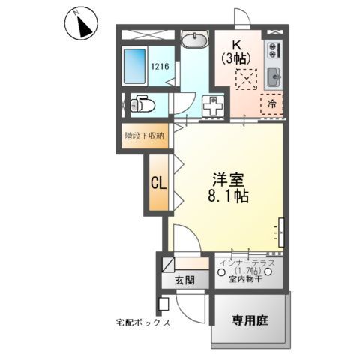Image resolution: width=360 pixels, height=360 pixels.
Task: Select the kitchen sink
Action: click(x=274, y=76)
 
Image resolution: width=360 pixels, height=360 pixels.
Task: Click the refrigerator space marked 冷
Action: click(x=272, y=104)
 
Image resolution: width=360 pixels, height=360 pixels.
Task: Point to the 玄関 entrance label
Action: click(x=185, y=280)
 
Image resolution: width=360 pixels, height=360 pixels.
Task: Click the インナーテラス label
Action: click(x=247, y=262)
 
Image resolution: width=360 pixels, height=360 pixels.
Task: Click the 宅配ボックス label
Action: click(x=143, y=322)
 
